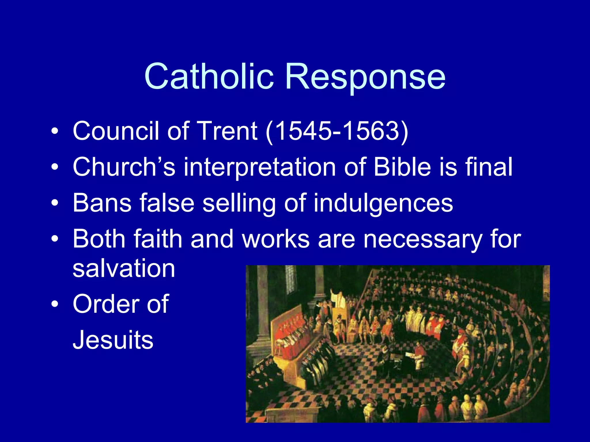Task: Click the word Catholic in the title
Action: pos(209,76)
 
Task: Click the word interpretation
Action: pos(260,167)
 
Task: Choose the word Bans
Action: pos(102,203)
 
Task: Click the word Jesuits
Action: pos(113,340)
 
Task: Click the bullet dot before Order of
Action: pos(55,304)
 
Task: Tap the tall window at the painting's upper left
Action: pos(290,279)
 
